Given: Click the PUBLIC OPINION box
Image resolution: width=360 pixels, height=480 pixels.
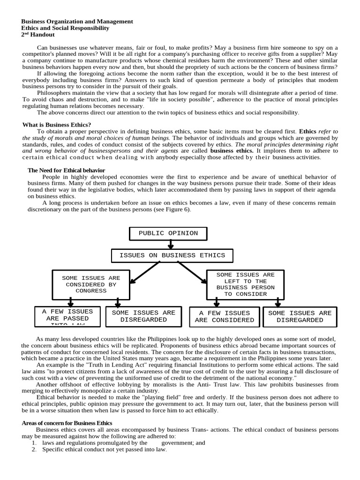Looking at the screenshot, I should click(x=168, y=233).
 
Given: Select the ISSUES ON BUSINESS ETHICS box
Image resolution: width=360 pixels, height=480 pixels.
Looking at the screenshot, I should click(x=172, y=255).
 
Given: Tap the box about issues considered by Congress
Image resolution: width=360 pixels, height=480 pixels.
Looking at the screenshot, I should click(x=91, y=285).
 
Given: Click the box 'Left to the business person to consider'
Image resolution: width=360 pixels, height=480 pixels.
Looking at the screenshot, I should click(x=245, y=285).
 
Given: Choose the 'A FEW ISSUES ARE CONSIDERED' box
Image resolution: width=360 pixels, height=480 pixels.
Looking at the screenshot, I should click(x=225, y=316).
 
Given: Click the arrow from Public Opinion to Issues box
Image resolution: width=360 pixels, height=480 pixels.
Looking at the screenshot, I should click(x=171, y=244).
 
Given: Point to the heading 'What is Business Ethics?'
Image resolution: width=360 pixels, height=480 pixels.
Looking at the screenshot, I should click(x=57, y=125).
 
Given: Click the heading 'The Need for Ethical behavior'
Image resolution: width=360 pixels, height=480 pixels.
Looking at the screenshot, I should click(x=66, y=170).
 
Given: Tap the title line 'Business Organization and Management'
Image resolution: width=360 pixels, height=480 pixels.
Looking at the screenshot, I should click(x=77, y=22).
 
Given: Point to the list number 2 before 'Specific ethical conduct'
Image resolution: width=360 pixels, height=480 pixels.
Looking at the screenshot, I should click(x=34, y=450).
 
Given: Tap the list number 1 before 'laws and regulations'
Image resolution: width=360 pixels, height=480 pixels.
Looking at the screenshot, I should click(x=34, y=442).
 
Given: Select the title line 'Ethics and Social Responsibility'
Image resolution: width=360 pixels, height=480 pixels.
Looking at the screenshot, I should click(x=66, y=28).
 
